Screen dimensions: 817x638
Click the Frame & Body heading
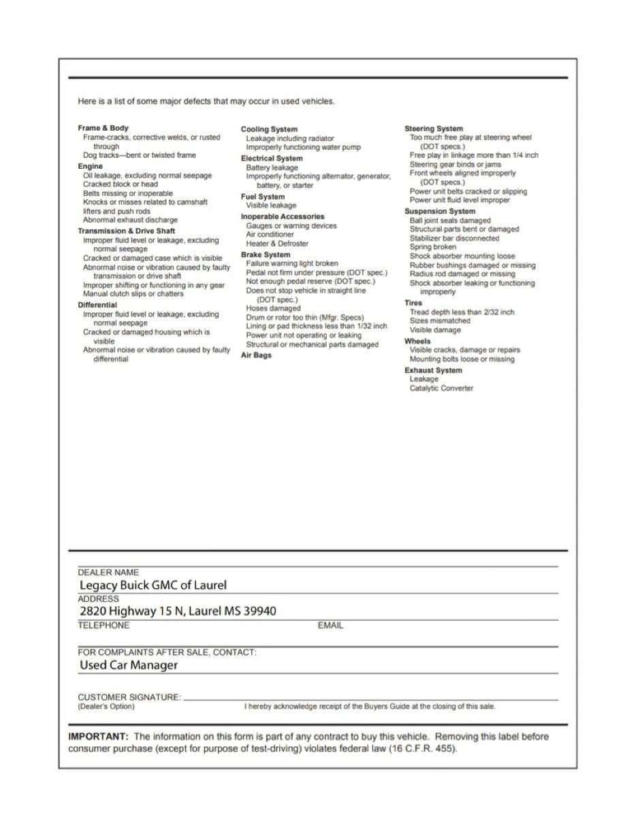103,128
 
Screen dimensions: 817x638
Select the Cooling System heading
269,129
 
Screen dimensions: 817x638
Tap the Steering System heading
434,129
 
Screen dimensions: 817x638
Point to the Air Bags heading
256,355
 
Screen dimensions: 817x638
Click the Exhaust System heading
433,370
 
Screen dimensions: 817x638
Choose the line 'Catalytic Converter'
441,388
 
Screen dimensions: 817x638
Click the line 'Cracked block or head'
121,184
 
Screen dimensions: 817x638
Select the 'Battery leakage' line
272,167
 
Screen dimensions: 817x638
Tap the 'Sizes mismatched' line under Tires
440,321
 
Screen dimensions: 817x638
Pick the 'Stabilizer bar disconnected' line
454,238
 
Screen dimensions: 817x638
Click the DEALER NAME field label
108,573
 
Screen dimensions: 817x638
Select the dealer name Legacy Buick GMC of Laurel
153,585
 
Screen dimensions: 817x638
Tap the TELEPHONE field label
103,625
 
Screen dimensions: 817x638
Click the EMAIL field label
330,626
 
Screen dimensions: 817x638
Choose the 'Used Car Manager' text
129,665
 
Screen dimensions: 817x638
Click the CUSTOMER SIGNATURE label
129,697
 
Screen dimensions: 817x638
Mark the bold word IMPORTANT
98,737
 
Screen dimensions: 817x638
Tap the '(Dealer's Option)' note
106,707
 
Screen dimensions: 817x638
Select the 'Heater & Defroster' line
277,243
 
